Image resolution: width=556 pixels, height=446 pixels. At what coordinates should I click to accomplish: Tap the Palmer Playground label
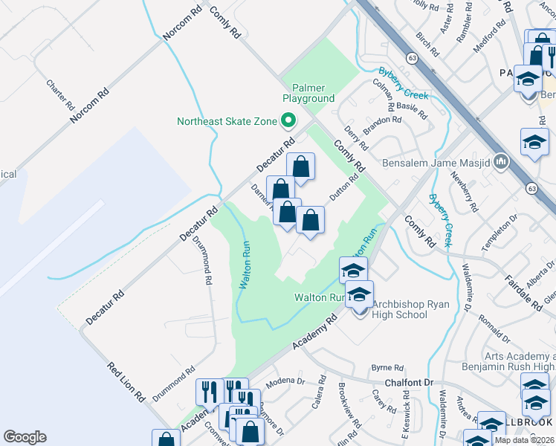308,93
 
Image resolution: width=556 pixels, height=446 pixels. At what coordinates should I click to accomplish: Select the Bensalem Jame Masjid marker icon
500,161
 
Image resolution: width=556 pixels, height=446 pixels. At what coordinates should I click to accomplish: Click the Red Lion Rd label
126,382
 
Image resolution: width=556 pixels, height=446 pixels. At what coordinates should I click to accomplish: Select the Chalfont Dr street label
408,382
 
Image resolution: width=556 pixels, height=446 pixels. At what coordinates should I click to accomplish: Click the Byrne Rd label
387,367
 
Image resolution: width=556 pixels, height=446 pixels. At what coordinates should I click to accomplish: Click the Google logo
25,437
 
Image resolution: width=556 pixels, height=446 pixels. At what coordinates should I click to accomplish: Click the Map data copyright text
523,440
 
